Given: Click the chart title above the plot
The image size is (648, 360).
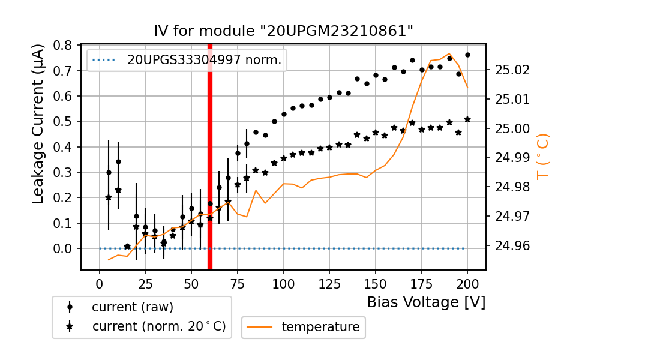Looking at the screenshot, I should (x=284, y=31).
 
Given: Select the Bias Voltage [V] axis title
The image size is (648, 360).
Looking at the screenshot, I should (x=426, y=302).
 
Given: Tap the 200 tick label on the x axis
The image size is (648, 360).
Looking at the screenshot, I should (x=467, y=282).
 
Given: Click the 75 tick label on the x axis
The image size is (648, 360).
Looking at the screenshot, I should (x=238, y=282).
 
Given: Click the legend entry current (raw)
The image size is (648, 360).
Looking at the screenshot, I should (x=132, y=307).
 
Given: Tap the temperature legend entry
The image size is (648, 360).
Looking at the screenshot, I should (x=320, y=327).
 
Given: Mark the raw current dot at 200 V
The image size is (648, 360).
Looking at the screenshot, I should (x=467, y=55).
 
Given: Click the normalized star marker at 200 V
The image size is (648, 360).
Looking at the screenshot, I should (x=467, y=119).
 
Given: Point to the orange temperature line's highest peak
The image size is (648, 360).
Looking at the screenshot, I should (x=449, y=53).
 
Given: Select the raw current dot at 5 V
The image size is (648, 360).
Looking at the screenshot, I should (x=109, y=172).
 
